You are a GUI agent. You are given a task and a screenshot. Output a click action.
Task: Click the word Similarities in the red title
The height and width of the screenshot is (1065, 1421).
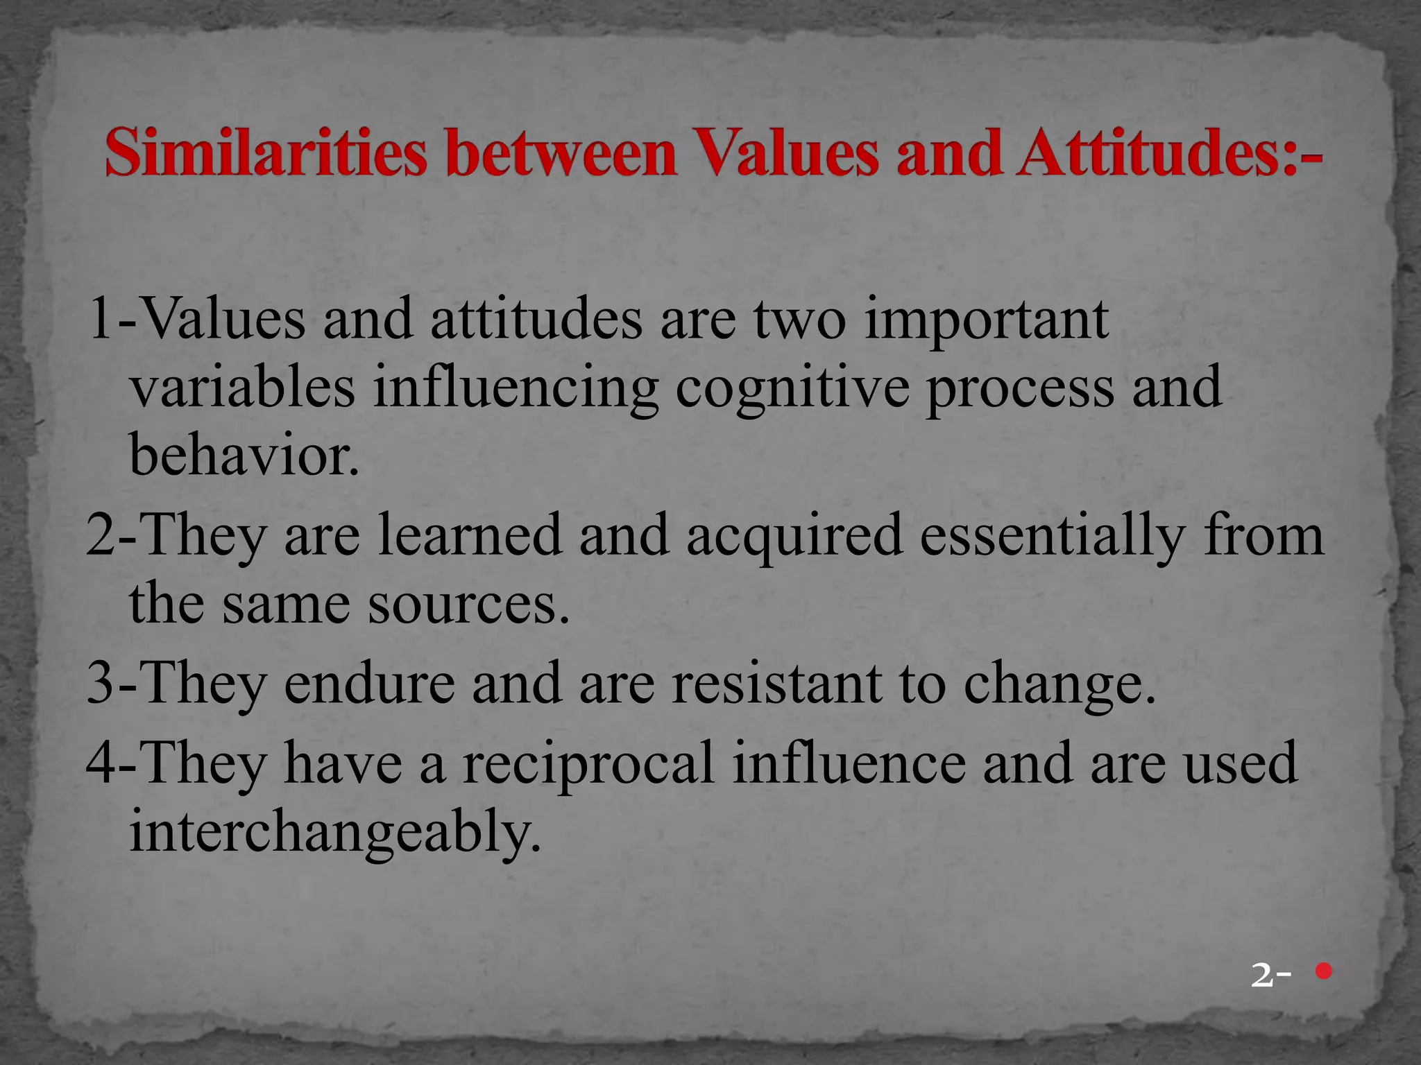(265, 153)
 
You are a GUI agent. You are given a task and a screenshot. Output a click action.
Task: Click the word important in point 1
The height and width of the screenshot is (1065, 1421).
(986, 320)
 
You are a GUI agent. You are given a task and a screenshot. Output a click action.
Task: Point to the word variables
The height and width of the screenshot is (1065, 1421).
(243, 388)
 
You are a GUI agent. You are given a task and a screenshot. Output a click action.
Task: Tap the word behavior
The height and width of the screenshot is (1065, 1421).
(244, 456)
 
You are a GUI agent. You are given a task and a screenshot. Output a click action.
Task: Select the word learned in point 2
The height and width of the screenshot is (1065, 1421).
(470, 536)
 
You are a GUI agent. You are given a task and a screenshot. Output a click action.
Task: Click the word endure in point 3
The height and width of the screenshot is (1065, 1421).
(369, 684)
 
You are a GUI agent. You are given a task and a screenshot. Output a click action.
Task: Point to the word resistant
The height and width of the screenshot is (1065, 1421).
(776, 684)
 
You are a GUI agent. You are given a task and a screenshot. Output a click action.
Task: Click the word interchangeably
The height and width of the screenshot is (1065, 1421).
(334, 833)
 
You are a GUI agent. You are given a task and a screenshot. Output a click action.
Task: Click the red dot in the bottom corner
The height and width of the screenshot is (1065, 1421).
(1324, 971)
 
